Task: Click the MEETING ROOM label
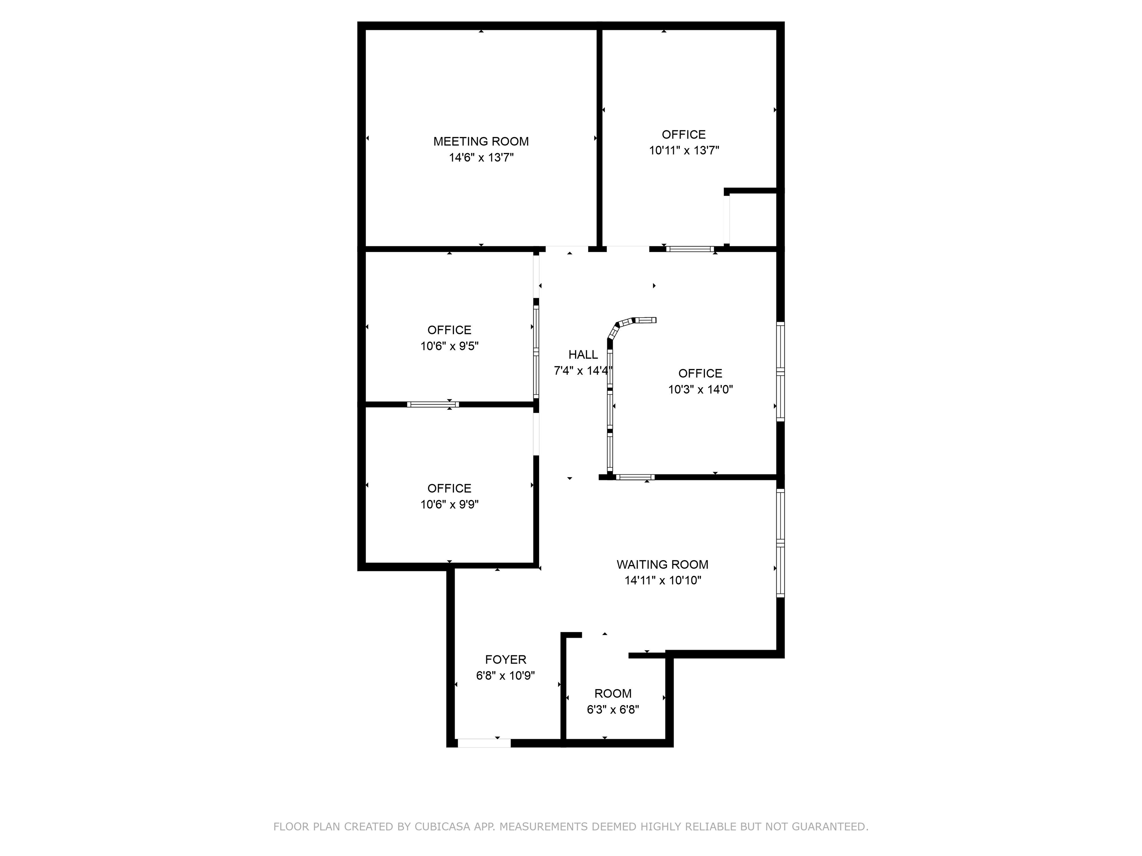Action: [x=481, y=142]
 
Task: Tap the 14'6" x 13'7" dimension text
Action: [x=481, y=158]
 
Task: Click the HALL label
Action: [x=583, y=354]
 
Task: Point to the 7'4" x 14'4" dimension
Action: [x=583, y=370]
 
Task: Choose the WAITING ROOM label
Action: [x=662, y=564]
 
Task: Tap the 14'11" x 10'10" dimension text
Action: [x=662, y=580]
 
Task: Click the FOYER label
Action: [x=506, y=659]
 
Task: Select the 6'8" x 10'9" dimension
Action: [x=506, y=675]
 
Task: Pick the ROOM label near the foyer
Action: [x=613, y=694]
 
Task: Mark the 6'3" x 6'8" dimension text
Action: [x=613, y=710]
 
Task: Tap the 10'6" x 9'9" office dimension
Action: [x=449, y=504]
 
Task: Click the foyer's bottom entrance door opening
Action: [x=484, y=743]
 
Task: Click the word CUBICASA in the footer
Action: [x=442, y=827]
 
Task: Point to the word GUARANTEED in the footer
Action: [x=829, y=827]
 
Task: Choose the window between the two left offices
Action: [x=433, y=405]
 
